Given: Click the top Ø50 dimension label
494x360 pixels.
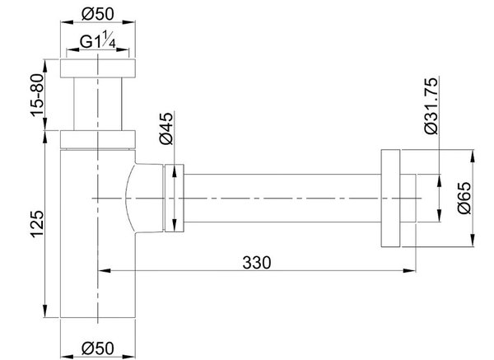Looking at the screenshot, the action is tap(98, 14).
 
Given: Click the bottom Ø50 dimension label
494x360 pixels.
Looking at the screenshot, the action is tap(98, 348).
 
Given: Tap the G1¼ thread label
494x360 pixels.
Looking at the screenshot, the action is tap(98, 42).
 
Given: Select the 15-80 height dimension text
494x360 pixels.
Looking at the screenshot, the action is tap(38, 95).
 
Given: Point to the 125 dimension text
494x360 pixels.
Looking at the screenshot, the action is tap(38, 224).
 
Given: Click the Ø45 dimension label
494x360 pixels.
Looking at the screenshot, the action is tap(166, 129).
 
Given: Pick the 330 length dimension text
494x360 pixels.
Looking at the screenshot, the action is tap(256, 263).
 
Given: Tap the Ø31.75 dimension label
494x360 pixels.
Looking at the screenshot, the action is tap(431, 106).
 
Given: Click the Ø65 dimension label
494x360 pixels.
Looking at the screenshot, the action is tap(464, 198).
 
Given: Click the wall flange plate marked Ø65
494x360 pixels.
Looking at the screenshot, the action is tap(390, 198).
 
